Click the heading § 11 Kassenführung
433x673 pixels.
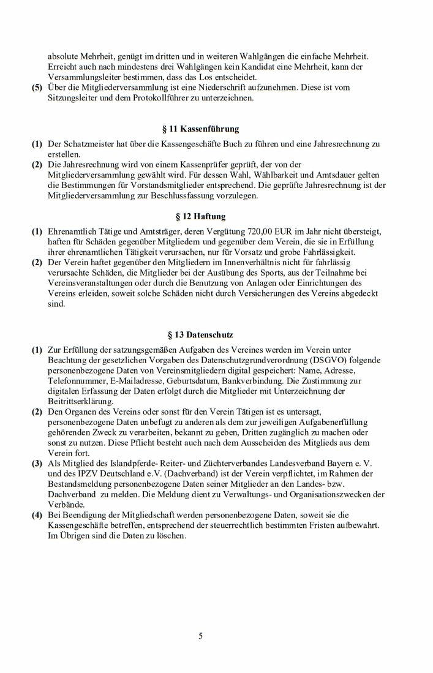(x=200, y=129)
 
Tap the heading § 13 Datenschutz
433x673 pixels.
(x=200, y=335)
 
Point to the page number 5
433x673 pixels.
(x=200, y=636)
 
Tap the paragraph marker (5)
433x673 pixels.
(x=37, y=88)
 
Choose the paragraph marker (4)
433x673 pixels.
(x=37, y=516)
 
